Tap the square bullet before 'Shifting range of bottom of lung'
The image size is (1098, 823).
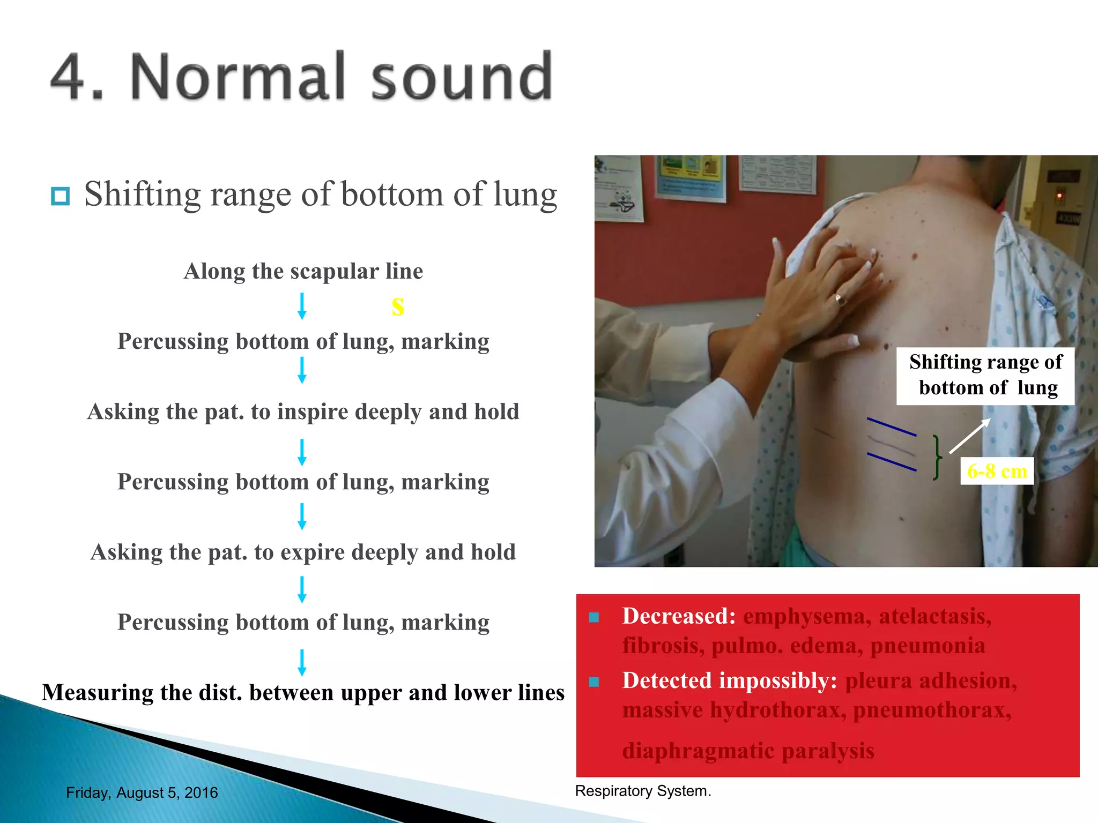[60, 196]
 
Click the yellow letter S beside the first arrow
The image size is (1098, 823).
[397, 306]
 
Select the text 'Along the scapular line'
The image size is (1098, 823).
[303, 271]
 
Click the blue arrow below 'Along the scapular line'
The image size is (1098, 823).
[302, 306]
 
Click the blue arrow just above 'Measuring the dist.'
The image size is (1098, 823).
[302, 662]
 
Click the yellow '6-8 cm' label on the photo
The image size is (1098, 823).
[997, 471]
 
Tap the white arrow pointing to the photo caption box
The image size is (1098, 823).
[969, 436]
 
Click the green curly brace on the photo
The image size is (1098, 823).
[936, 457]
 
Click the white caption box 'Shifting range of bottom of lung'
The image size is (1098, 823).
[985, 375]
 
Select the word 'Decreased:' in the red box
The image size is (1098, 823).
[679, 616]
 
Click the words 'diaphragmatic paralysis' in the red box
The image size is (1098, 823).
[748, 750]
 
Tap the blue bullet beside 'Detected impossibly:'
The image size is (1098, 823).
[593, 682]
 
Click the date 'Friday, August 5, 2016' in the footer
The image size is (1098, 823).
[142, 792]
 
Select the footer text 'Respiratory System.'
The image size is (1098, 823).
[643, 791]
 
